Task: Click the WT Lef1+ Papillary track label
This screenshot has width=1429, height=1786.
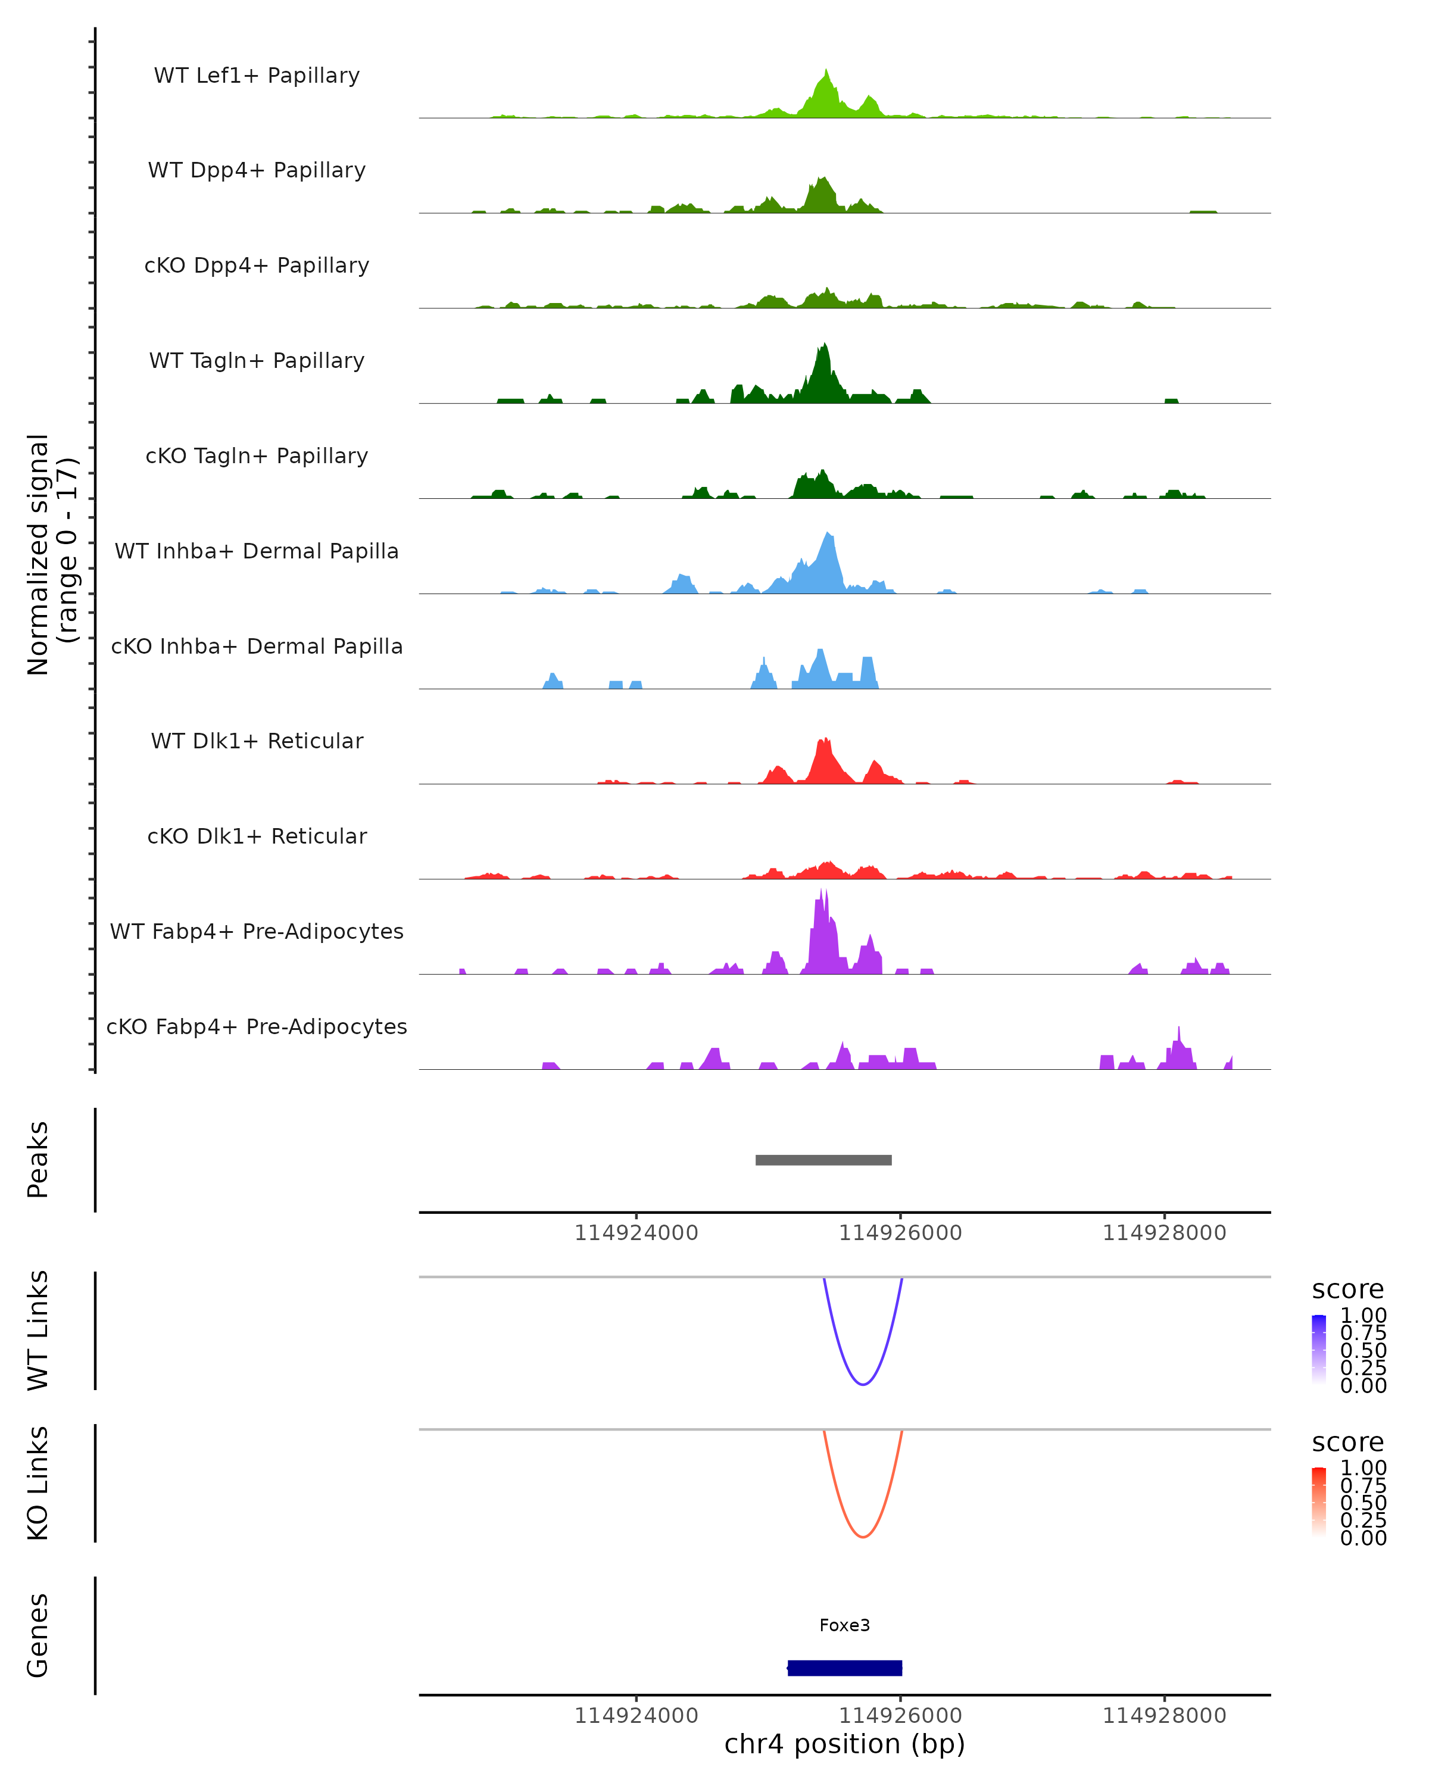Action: (257, 76)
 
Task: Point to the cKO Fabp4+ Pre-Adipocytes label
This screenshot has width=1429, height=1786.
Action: (257, 1026)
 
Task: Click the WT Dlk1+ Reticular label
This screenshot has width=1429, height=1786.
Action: (257, 741)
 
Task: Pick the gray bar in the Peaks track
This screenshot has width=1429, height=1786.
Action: (823, 1160)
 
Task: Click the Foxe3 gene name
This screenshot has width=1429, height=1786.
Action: (844, 1625)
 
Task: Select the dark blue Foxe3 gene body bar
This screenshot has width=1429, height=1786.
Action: (844, 1668)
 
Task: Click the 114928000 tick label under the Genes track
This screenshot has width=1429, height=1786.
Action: (1164, 1716)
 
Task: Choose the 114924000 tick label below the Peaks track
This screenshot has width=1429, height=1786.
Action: (637, 1233)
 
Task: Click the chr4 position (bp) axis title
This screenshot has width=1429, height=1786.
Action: (844, 1744)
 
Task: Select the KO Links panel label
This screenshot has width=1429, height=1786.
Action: (38, 1484)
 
